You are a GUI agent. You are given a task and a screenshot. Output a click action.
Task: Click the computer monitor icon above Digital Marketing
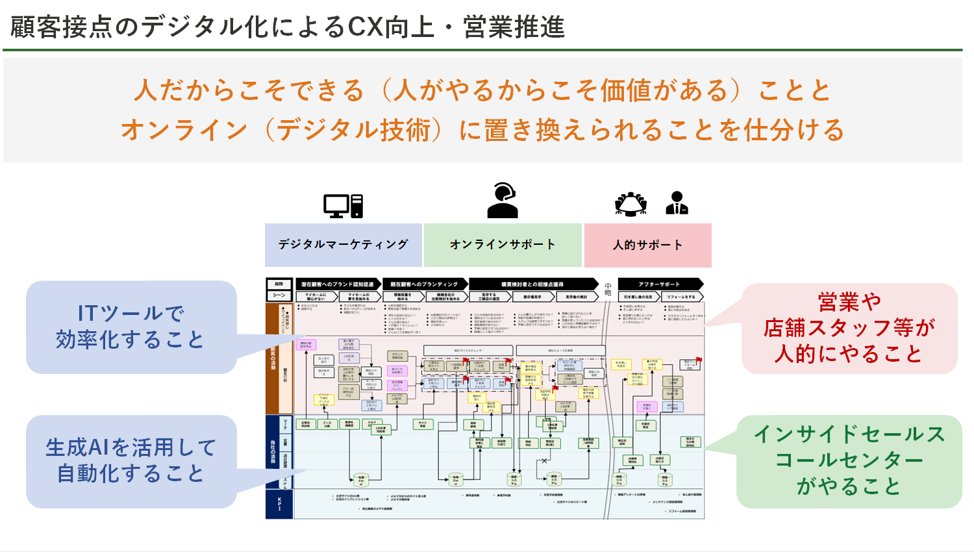[343, 206]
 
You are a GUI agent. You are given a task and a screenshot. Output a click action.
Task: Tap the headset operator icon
[503, 201]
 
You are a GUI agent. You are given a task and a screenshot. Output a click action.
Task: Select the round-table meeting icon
[631, 204]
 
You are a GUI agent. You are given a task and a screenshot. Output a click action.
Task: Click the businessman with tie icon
[677, 203]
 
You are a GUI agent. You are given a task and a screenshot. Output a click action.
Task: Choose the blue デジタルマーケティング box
[343, 245]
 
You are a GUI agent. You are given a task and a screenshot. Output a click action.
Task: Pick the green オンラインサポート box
[503, 245]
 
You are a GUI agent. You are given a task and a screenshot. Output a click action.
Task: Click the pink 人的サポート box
[647, 245]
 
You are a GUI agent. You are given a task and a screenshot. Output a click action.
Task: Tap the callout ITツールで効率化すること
[131, 327]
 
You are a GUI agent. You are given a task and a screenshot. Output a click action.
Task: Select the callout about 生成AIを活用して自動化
[131, 460]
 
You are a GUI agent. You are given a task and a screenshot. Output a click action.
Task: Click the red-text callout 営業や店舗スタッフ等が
[849, 328]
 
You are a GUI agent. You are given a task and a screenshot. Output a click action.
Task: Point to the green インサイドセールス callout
[849, 460]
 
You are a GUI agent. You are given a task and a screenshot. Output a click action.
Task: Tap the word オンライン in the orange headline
[184, 130]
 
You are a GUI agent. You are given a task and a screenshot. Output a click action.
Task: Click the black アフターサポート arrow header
[660, 284]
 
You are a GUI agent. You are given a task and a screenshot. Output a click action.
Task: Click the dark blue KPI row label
[280, 504]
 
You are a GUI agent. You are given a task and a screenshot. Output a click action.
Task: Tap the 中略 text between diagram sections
[608, 289]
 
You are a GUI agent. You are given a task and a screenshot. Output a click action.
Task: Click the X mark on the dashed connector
[544, 461]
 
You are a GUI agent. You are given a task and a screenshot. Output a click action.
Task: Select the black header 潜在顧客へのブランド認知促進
[338, 284]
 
